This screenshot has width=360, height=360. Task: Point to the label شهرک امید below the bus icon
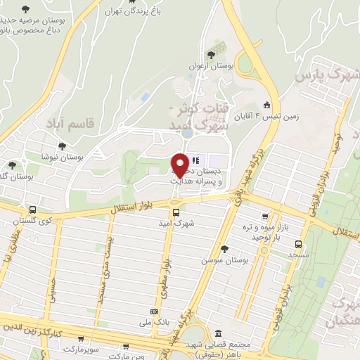pyautogui.click(x=176, y=224)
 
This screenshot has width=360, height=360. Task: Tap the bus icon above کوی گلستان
pyautogui.click(x=32, y=210)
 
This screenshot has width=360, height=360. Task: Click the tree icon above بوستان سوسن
pyautogui.click(x=224, y=249)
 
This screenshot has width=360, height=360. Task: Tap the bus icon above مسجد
pyautogui.click(x=298, y=245)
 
